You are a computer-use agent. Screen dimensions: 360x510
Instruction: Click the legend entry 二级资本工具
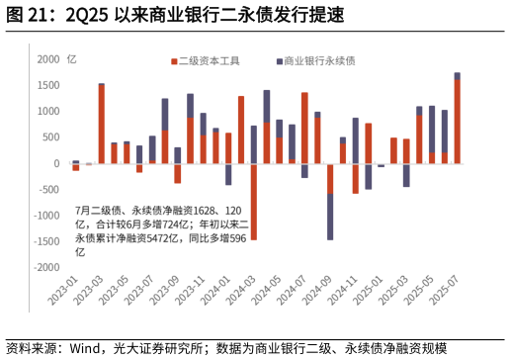[209, 60]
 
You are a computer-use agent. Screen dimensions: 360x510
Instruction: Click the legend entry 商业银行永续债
[319, 60]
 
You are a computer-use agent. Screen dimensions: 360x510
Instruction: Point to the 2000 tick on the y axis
[48, 59]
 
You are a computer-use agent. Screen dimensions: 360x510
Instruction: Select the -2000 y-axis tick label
[45, 267]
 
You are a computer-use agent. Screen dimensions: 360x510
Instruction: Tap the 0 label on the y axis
[56, 163]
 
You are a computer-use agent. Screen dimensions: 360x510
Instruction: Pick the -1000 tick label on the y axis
[45, 216]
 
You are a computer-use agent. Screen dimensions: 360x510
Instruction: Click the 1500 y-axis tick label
[48, 85]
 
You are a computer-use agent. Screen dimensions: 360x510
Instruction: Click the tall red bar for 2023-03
[101, 124]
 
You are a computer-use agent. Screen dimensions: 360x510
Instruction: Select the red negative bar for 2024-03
[253, 202]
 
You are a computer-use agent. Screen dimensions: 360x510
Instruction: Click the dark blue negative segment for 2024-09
[330, 217]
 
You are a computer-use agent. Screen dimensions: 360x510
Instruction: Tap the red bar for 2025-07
[457, 121]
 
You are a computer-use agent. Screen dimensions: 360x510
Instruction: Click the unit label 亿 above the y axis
[71, 59]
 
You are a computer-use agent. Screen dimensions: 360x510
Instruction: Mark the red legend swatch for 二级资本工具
[173, 61]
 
